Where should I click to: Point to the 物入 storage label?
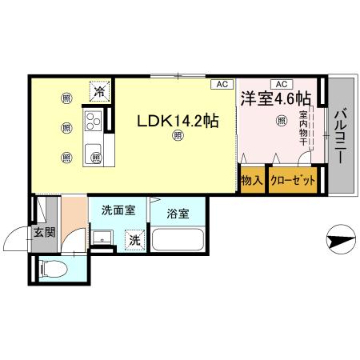pos(252,181)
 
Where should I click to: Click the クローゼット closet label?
pos(293,181)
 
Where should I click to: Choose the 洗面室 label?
pos(118,211)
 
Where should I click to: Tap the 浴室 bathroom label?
pos(178,214)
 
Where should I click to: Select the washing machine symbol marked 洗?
pos(134,238)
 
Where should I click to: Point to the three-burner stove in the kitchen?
pos(92,122)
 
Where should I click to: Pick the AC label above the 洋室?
pos(281,83)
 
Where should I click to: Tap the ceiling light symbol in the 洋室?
pos(281,121)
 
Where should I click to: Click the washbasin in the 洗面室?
pos(102,238)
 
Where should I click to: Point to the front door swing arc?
pos(16,240)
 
